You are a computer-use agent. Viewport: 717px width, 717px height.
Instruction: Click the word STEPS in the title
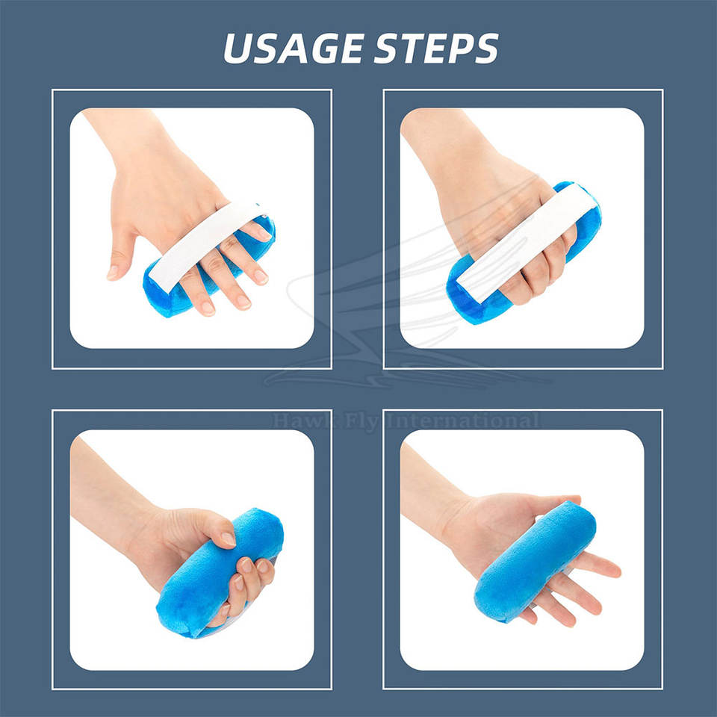[x=436, y=48]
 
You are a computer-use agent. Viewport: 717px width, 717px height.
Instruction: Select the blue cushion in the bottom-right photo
[x=535, y=562]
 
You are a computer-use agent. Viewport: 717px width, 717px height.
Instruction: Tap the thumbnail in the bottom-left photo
[x=229, y=538]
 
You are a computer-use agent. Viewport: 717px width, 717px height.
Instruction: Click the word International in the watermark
[x=463, y=420]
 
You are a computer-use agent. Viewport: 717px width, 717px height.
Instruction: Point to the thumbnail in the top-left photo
[x=112, y=273]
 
